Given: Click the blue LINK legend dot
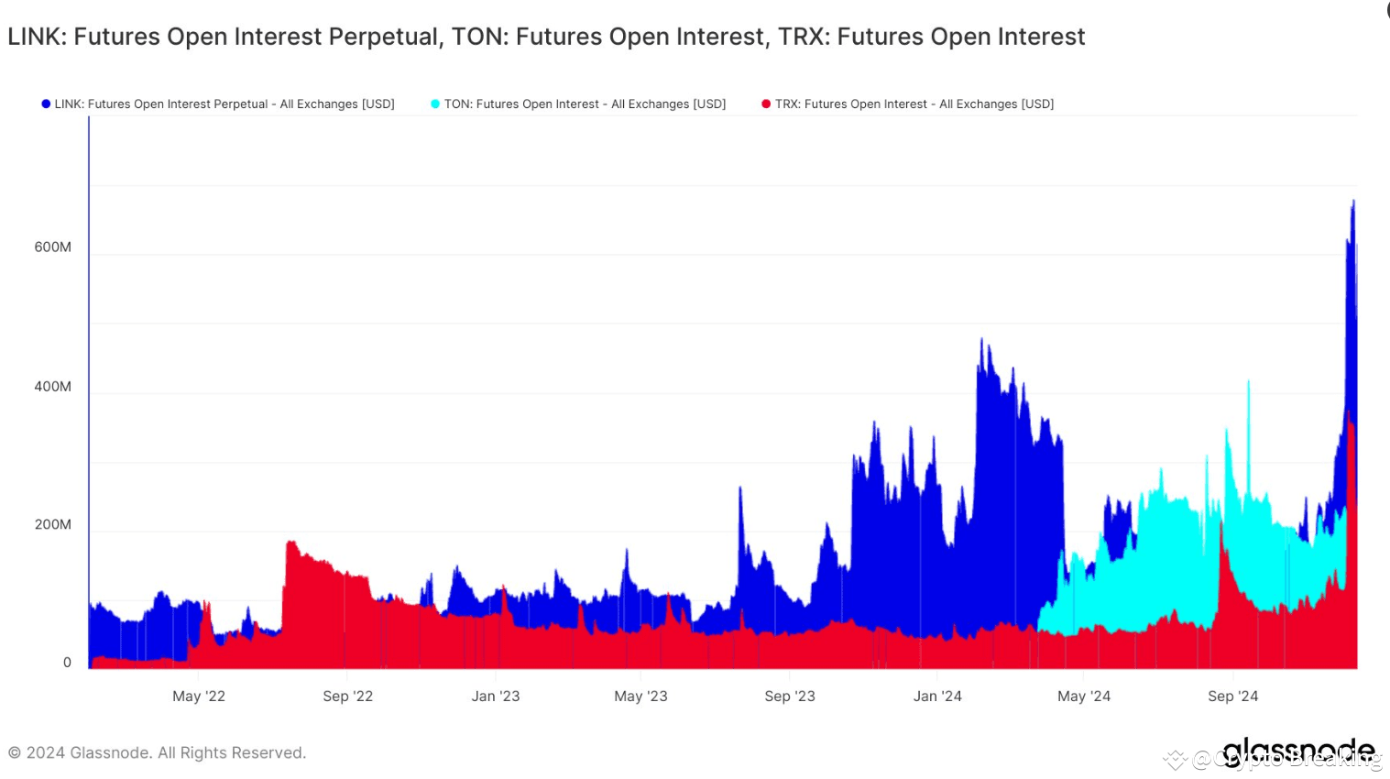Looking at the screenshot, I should tap(46, 104).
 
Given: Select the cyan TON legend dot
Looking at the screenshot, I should tap(435, 104).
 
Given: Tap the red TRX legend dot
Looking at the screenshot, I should tap(766, 104).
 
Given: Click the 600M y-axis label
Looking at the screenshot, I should tap(52, 247).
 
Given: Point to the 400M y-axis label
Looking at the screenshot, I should tap(52, 387).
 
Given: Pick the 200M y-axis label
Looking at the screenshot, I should tap(52, 525).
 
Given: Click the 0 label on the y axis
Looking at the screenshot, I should tap(67, 663).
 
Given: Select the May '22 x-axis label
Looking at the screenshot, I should tap(199, 697).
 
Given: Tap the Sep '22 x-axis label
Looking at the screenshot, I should tap(348, 697).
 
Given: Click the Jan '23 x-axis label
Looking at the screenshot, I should tap(496, 697).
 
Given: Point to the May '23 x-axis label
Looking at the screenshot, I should tap(640, 697).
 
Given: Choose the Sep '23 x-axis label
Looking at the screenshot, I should tap(790, 697).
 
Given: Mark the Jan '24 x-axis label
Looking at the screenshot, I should tap(937, 697).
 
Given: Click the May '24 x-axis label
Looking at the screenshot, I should tap(1084, 697).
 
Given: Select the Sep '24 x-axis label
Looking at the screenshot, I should tap(1233, 697).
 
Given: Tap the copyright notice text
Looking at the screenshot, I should tap(157, 753).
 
